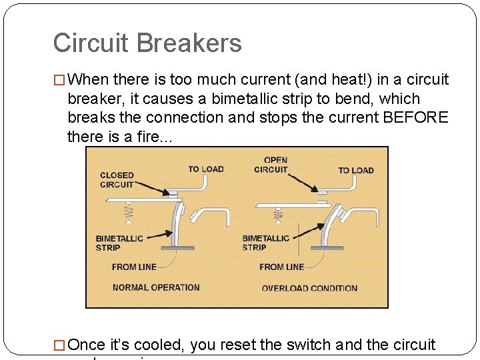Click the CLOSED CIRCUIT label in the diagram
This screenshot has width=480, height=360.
[x=117, y=179]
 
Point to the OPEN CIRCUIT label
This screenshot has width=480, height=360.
[x=271, y=165]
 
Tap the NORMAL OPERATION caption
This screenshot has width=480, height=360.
[x=156, y=287]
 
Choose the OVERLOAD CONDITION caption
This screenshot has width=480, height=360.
[x=309, y=288]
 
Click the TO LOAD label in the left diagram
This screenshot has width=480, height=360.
[x=206, y=169]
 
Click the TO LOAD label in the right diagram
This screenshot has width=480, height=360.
[x=356, y=170]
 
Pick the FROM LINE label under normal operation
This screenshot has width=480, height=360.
[x=134, y=267]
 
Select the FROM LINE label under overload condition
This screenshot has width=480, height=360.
[x=281, y=267]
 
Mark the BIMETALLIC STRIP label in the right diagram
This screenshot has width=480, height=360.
[x=266, y=243]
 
